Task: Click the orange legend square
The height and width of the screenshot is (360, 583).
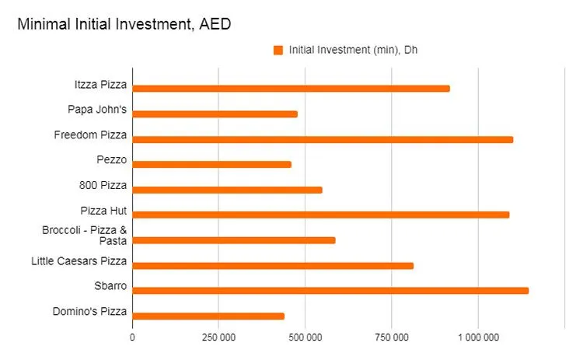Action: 278,51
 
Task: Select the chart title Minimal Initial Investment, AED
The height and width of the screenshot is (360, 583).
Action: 124,24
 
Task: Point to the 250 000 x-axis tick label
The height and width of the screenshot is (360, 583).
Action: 218,337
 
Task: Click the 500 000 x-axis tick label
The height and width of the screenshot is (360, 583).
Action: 305,337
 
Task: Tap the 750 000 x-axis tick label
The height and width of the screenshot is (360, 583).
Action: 392,337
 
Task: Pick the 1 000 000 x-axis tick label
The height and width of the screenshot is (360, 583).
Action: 478,337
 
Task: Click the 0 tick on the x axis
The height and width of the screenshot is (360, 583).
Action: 132,337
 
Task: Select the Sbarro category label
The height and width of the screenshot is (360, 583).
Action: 111,286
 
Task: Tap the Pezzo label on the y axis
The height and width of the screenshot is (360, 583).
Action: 112,161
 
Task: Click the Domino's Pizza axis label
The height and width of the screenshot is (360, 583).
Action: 90,312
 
